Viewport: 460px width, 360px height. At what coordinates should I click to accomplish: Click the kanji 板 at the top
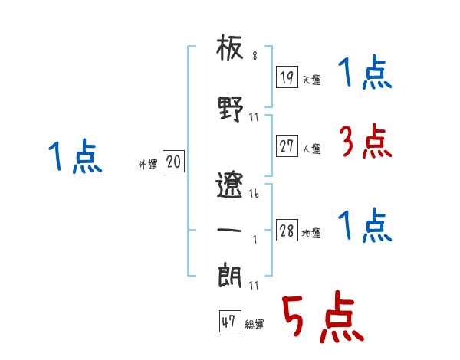tap(230, 47)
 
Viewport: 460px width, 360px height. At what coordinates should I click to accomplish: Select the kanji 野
tap(231, 109)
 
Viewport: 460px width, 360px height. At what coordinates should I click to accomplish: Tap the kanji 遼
tap(229, 185)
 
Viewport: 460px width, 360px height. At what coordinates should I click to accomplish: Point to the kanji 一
tap(229, 230)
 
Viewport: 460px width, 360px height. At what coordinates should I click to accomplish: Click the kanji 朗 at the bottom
tap(230, 275)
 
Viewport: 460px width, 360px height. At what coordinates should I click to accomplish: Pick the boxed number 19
tap(287, 77)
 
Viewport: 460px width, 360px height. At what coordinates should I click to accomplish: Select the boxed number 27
tap(287, 146)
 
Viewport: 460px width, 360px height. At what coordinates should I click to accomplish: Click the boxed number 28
tap(287, 230)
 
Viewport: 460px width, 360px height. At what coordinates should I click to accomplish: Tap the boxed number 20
tap(173, 161)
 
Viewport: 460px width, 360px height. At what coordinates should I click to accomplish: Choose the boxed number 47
tap(230, 321)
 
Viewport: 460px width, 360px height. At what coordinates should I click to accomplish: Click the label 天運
tap(312, 80)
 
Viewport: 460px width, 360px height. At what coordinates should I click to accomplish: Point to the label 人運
tap(312, 149)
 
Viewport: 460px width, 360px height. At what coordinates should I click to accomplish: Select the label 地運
tap(311, 233)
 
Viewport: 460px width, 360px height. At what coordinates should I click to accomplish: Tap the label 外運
tap(148, 164)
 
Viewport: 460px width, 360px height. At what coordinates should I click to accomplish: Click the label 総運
tap(255, 324)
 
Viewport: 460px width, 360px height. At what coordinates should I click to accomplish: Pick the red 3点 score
tap(366, 141)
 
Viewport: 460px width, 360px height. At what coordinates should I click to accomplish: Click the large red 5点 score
tap(324, 316)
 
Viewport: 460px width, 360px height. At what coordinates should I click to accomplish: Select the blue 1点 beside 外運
tap(75, 156)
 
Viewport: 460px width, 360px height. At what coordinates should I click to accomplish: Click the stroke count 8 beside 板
tap(255, 56)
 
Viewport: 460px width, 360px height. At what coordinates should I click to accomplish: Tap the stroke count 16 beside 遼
tap(254, 194)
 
